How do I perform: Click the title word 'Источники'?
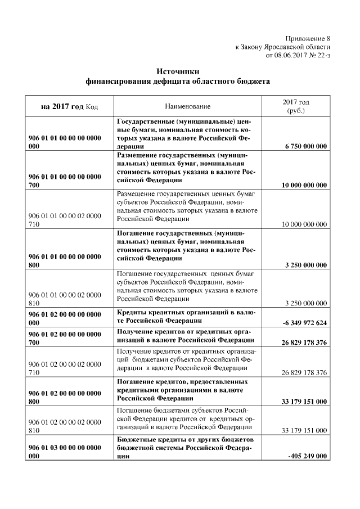click(x=177, y=71)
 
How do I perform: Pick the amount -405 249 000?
click(x=307, y=456)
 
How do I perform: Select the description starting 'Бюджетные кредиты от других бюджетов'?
click(x=186, y=447)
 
